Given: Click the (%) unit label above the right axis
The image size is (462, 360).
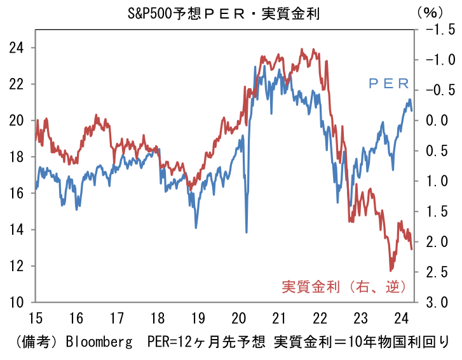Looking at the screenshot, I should tap(429, 13).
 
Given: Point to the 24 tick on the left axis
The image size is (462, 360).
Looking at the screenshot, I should tap(17, 48).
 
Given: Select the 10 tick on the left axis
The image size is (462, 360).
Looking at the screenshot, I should tap(17, 302).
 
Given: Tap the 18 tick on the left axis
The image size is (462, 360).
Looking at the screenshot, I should tap(17, 157).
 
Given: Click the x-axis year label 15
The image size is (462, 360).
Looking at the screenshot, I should tap(36, 318).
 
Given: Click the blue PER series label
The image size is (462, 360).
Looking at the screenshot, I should tap(389, 84).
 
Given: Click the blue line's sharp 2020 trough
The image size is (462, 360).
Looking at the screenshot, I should tap(247, 232).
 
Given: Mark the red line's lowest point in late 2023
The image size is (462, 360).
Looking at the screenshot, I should tap(391, 270).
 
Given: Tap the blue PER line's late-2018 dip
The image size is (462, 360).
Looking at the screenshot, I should tap(196, 227).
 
